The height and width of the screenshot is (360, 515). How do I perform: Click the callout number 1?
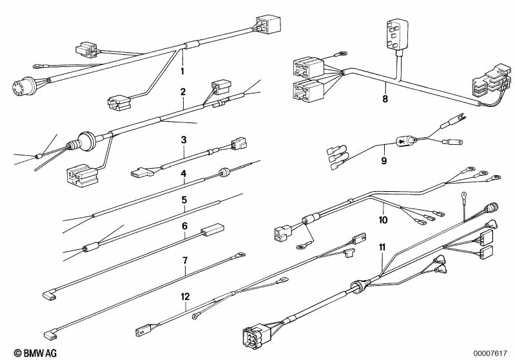pyautogui.click(x=182, y=71)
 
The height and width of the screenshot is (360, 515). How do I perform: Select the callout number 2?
pyautogui.click(x=183, y=92)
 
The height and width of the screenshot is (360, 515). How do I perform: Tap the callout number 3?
pyautogui.click(x=184, y=140)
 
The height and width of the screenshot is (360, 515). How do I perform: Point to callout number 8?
pyautogui.click(x=385, y=99)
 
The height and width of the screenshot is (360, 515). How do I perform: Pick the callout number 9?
pyautogui.click(x=384, y=161)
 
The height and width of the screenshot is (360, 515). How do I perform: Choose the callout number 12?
pyautogui.click(x=185, y=297)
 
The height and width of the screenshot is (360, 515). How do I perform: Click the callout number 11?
pyautogui.click(x=382, y=247)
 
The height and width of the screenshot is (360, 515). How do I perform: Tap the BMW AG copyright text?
pyautogui.click(x=35, y=353)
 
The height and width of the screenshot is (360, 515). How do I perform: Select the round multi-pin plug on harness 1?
pyautogui.click(x=24, y=86)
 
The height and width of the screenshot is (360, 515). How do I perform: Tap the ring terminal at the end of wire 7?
pyautogui.click(x=240, y=254)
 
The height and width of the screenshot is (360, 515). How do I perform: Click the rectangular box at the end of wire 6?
pyautogui.click(x=213, y=230)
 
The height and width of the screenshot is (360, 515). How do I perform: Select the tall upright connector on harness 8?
pyautogui.click(x=398, y=34)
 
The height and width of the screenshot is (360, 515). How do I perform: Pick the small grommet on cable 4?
pyautogui.click(x=224, y=172)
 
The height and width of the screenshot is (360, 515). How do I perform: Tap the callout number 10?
pyautogui.click(x=383, y=220)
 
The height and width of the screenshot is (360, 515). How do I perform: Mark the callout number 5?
pyautogui.click(x=184, y=200)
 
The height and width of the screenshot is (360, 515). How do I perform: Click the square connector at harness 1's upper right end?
pyautogui.click(x=268, y=24)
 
